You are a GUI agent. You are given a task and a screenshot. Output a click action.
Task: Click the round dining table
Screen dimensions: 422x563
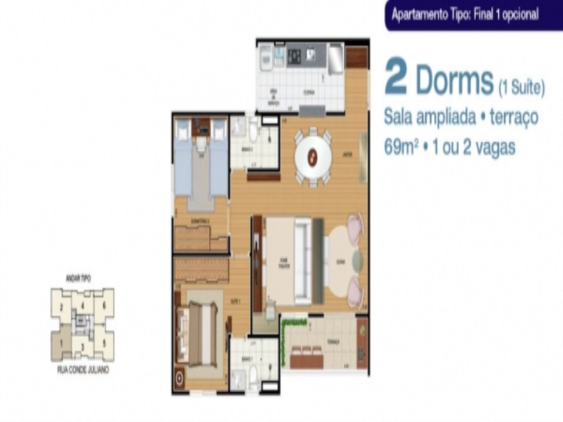pos(312,158)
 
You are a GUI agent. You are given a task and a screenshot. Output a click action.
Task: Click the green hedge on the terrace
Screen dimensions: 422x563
pos(283,340)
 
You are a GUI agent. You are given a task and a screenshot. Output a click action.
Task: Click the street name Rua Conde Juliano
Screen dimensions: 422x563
pos(82,369)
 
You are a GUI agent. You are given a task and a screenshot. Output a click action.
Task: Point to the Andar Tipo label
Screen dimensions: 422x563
pos(82,279)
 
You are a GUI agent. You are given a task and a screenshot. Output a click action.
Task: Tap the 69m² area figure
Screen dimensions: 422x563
pos(402,148)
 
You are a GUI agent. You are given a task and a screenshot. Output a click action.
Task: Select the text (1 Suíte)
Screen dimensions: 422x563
pos(521,89)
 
